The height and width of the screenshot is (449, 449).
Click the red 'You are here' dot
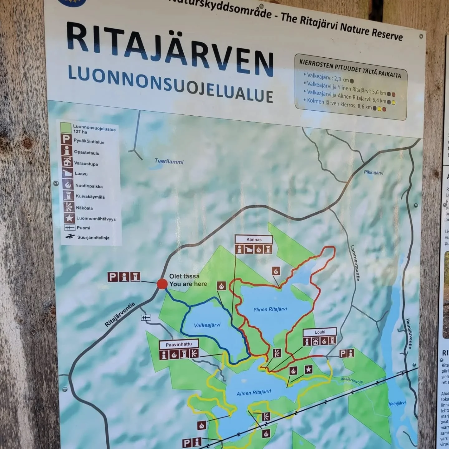162,284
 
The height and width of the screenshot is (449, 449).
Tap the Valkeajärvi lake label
207,325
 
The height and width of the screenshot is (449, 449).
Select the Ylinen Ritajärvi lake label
270,309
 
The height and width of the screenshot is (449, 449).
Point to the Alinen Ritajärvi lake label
253,393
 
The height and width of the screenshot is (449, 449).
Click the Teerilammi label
169,161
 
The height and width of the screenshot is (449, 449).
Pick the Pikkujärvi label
374,172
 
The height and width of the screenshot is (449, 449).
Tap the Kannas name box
254,239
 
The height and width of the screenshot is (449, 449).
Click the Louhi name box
320,332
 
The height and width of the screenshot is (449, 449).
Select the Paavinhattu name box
179,345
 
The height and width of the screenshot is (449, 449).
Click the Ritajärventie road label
120,315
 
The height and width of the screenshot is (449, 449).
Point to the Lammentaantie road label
355,263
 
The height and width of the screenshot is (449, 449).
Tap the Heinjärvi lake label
397,403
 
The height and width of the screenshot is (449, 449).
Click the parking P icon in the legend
66,139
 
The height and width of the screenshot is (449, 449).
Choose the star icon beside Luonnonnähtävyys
69,218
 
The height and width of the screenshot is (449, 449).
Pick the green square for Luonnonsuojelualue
66,128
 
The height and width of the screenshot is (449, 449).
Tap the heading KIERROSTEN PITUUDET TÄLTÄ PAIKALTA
350,68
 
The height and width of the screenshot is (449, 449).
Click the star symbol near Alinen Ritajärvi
308,369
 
